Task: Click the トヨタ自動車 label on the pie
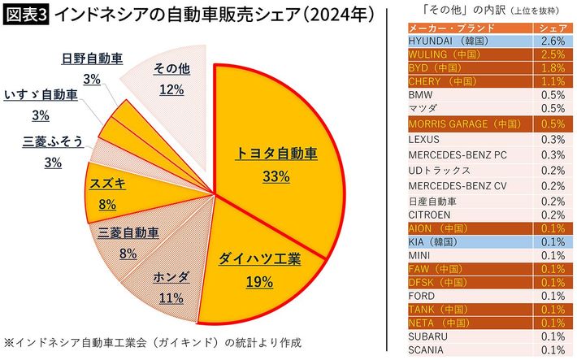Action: coord(276,152)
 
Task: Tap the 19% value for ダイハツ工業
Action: coord(259,282)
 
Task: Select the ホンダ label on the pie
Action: coord(171,277)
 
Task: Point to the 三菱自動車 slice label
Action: coord(128,232)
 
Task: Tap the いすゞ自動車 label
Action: coord(41,94)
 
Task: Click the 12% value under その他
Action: coord(171,89)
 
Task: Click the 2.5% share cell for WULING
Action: coord(553,54)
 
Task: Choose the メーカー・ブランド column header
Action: coord(445,28)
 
